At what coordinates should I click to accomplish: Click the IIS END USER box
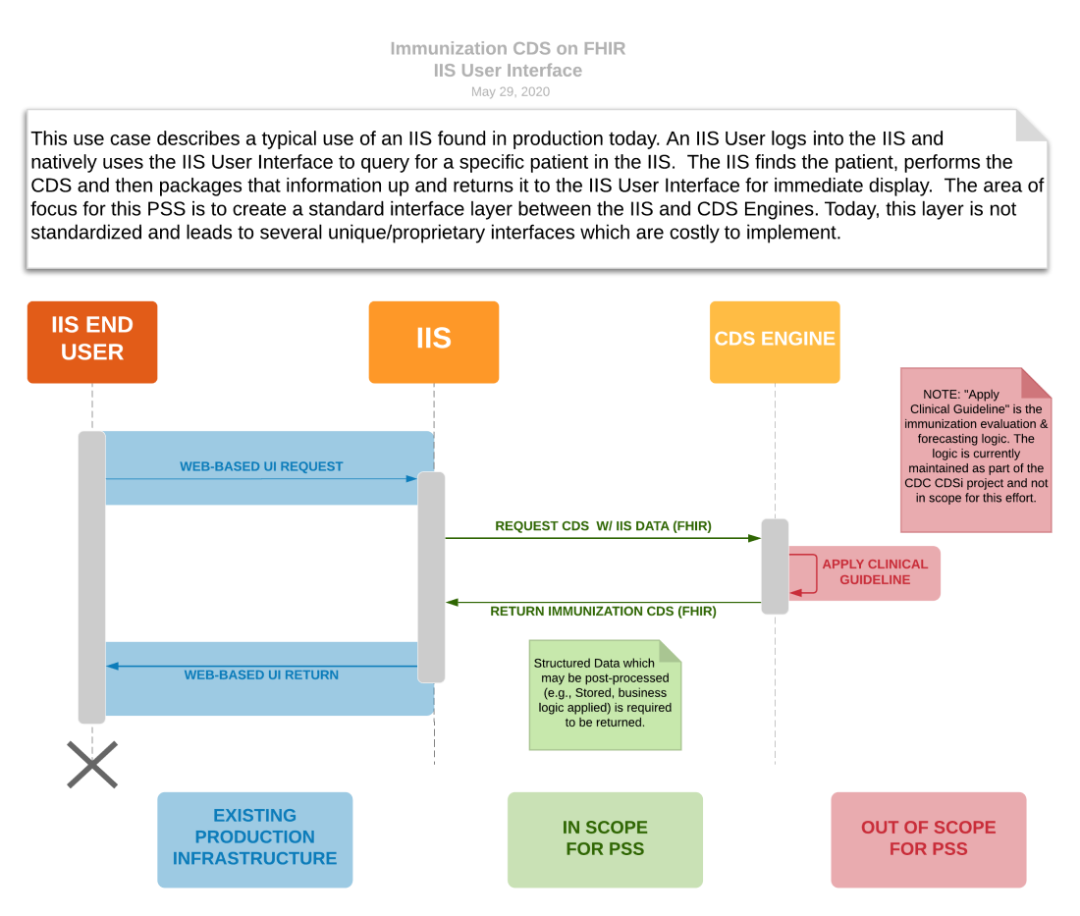pyautogui.click(x=92, y=341)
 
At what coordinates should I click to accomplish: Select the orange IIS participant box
pyautogui.click(x=433, y=341)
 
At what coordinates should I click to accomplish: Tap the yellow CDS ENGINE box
pyautogui.click(x=775, y=341)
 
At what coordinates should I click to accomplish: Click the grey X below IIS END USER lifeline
pyautogui.click(x=92, y=765)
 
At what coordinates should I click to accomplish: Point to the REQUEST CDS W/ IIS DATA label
pyautogui.click(x=603, y=526)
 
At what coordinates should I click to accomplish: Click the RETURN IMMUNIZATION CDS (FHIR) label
pyautogui.click(x=603, y=612)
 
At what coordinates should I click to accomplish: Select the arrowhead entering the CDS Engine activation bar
pyautogui.click(x=754, y=538)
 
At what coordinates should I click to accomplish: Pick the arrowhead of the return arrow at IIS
pyautogui.click(x=452, y=603)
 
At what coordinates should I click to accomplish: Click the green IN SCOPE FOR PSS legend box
pyautogui.click(x=605, y=839)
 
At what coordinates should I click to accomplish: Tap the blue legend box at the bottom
pyautogui.click(x=255, y=839)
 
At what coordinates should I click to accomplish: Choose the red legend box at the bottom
pyautogui.click(x=928, y=839)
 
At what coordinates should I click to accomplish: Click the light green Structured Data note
pyautogui.click(x=604, y=694)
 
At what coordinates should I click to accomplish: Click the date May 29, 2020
pyautogui.click(x=510, y=92)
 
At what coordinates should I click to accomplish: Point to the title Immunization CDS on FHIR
pyautogui.click(x=508, y=48)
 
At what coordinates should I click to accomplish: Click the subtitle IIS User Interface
pyautogui.click(x=508, y=71)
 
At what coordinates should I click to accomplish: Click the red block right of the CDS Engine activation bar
pyautogui.click(x=864, y=573)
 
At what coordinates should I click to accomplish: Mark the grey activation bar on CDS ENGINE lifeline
pyautogui.click(x=775, y=566)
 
